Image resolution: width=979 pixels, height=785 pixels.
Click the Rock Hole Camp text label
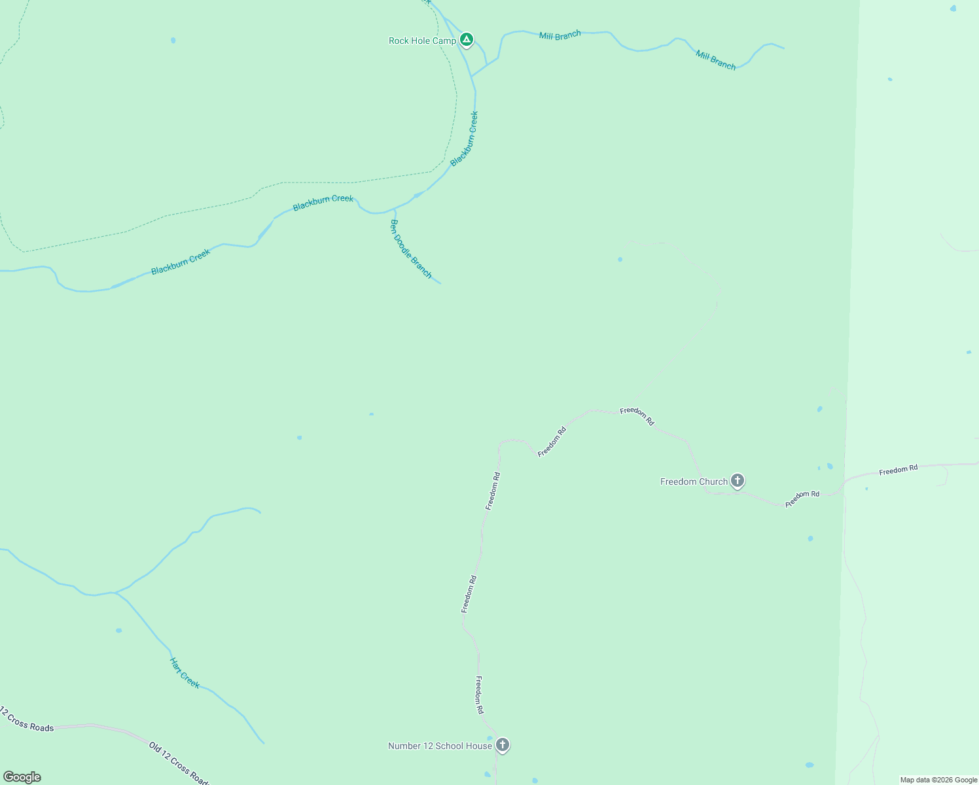pyautogui.click(x=422, y=41)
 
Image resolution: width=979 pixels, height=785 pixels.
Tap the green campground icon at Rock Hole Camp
pyautogui.click(x=467, y=40)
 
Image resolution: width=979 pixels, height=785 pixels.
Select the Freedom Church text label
pyautogui.click(x=694, y=482)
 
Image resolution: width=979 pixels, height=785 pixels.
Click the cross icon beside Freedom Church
pyautogui.click(x=738, y=481)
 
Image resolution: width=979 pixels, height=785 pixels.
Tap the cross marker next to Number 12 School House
pyautogui.click(x=503, y=744)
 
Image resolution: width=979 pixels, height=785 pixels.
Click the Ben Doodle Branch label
pyautogui.click(x=411, y=249)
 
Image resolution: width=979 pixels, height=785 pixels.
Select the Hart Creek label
pyautogui.click(x=185, y=672)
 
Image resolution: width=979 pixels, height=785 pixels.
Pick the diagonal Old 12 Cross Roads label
pyautogui.click(x=178, y=763)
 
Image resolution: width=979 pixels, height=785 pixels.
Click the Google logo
pyautogui.click(x=22, y=777)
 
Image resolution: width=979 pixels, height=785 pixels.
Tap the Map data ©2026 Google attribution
pyautogui.click(x=938, y=780)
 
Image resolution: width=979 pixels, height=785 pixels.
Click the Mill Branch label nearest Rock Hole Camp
pyautogui.click(x=560, y=35)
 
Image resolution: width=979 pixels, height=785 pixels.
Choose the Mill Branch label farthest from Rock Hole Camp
pyautogui.click(x=715, y=60)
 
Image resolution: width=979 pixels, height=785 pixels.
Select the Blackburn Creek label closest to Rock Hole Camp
pyautogui.click(x=464, y=138)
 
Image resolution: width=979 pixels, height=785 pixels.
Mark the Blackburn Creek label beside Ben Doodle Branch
pyautogui.click(x=323, y=203)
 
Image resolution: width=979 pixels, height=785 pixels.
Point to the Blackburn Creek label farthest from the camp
pyautogui.click(x=181, y=262)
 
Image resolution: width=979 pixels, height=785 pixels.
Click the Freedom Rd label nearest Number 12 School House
pyautogui.click(x=480, y=695)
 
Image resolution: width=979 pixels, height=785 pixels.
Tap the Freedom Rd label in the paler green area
pyautogui.click(x=898, y=469)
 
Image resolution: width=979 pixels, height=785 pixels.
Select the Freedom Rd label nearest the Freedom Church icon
pyautogui.click(x=802, y=498)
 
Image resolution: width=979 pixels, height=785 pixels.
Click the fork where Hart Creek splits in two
pyautogui.click(x=115, y=593)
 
